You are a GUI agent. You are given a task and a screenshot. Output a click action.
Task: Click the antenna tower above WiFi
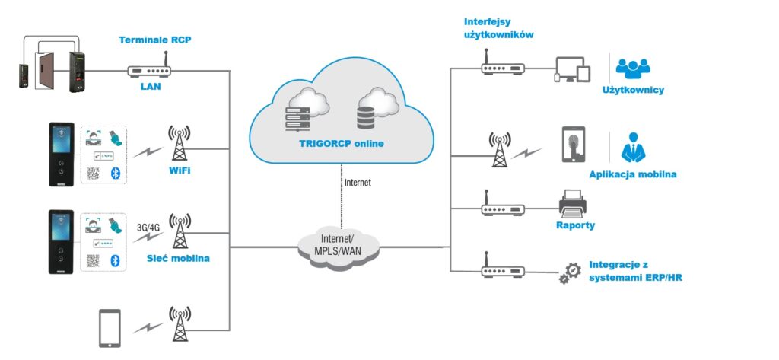point(180,143)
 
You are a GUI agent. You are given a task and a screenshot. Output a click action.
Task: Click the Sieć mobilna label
point(178,259)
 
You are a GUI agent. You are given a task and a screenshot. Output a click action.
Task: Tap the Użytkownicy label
point(633,90)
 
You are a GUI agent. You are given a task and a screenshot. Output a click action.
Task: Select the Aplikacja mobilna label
point(632,174)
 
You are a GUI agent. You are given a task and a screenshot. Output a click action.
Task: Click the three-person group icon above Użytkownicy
point(633,68)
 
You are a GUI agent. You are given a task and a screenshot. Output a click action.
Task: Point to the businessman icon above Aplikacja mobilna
point(633,147)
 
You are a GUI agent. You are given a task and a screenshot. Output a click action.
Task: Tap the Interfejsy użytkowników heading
point(498,28)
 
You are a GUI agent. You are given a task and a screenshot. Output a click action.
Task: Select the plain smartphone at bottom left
point(110,328)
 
